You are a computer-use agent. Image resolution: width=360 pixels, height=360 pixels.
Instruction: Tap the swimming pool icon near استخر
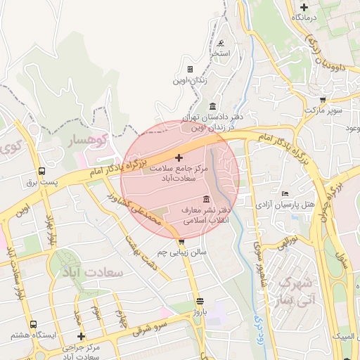coord(221,43)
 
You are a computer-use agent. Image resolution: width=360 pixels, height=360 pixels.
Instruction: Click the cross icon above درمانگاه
coord(304,6)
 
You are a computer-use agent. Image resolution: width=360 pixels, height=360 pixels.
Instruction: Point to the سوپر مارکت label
coord(323,111)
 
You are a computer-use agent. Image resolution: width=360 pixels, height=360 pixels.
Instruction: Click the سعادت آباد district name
coord(99,271)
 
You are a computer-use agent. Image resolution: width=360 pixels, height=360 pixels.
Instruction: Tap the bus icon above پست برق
coord(42,171)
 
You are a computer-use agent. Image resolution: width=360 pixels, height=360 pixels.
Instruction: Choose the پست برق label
coord(40,182)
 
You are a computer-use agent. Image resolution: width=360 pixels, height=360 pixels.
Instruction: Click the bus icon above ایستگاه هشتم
coord(33,324)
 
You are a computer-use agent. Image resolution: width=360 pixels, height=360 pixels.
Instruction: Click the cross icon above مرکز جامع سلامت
coord(178,157)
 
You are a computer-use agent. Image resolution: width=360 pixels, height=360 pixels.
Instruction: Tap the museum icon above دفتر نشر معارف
coord(205,199)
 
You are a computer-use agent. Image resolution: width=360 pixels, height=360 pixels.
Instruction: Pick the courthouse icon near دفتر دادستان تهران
coord(212,105)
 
